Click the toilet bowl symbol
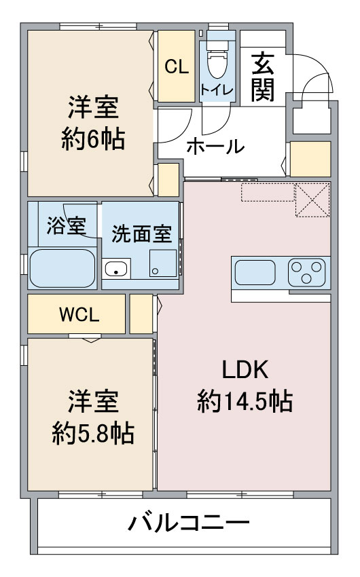218,64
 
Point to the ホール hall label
215,145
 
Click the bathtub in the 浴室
62,269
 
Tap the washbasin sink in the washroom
117,269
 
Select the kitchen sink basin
255,274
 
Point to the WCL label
79,314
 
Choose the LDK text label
245,370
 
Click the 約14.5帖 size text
245,402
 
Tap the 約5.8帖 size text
93,432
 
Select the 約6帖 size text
93,140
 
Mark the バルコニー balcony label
189,524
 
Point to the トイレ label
217,90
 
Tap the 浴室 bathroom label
66,227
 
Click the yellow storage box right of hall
310,159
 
